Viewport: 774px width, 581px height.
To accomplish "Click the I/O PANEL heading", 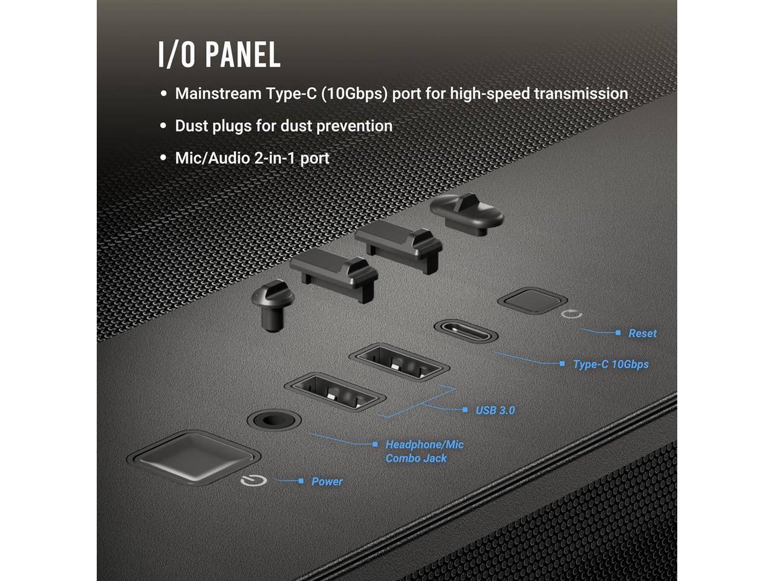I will pos(219,54).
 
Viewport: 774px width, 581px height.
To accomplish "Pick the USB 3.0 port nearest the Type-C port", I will pos(399,362).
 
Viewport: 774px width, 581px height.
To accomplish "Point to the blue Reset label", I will pos(642,333).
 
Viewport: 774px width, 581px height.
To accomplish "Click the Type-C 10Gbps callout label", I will pos(610,364).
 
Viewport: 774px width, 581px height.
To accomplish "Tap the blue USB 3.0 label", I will pos(495,410).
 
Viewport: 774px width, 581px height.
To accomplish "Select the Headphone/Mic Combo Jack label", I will pos(424,451).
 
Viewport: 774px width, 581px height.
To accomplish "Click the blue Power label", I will pos(327,482).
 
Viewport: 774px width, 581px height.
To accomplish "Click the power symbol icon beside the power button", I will pos(253,481).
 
